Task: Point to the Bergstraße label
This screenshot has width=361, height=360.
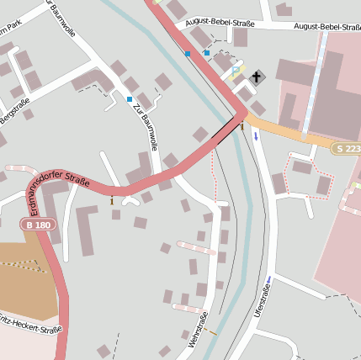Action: coord(15,113)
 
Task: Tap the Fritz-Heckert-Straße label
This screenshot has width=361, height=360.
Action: coord(31,326)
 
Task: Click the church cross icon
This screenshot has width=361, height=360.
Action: coord(256,77)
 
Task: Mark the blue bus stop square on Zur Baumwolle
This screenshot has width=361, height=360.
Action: coord(130,99)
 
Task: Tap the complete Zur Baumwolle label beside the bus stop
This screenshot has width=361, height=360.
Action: coord(145,125)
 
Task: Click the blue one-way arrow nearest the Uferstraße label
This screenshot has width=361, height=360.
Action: coord(268,280)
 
